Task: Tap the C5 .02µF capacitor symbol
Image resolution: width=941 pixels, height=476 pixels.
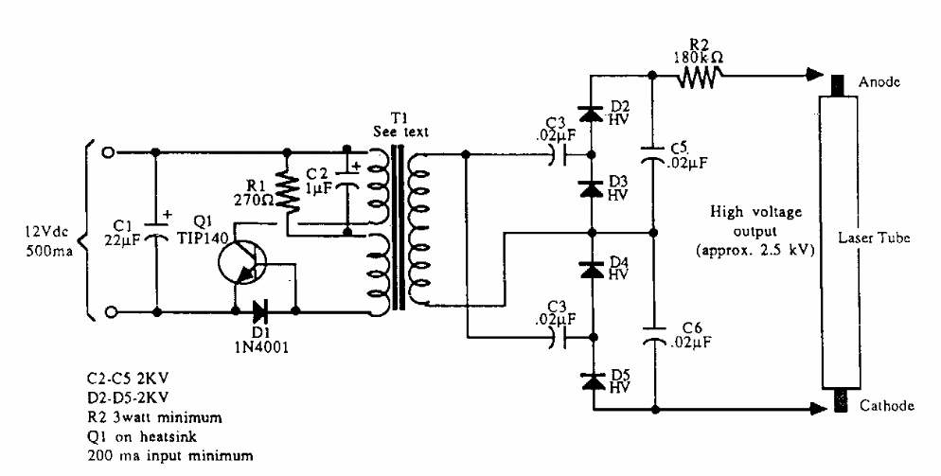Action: pos(652,158)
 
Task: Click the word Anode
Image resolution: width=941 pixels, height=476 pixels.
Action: pos(879,82)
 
